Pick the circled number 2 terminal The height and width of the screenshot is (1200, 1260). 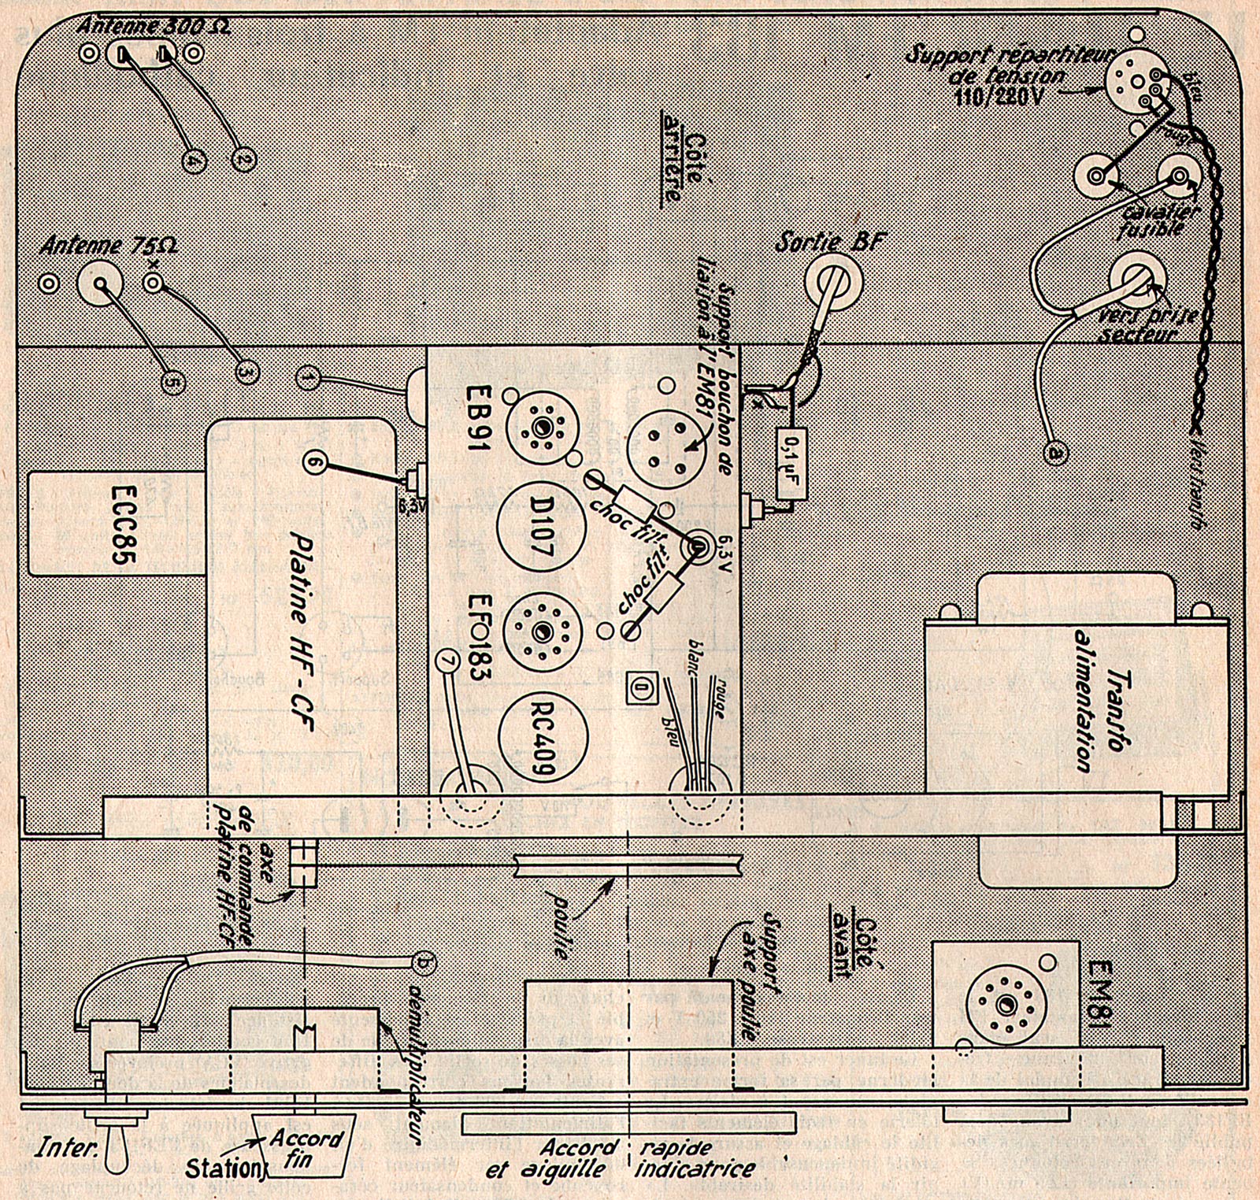point(244,160)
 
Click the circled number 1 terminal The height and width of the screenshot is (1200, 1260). point(309,379)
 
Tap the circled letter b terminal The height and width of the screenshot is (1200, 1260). point(426,961)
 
